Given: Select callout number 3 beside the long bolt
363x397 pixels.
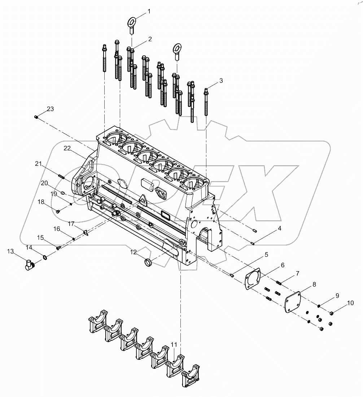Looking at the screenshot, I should point(221,81).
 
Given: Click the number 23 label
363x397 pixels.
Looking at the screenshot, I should point(50,109).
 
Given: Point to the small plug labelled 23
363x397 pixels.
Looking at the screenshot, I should point(36,117).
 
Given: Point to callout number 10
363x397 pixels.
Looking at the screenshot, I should point(350,303).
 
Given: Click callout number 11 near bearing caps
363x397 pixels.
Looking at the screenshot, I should point(174,345).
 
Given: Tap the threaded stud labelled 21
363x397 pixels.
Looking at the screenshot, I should point(61,177).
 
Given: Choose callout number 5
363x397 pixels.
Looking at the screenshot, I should point(266,255).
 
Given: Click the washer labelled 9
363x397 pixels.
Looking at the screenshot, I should point(319,306).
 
